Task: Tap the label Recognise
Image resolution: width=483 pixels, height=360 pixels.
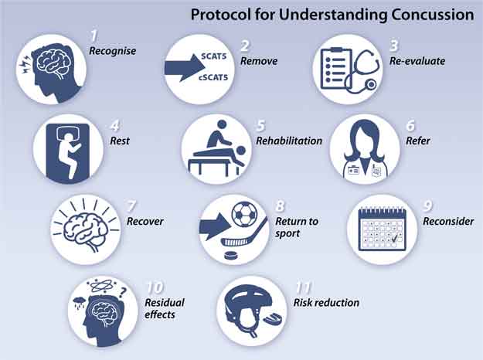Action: (112, 51)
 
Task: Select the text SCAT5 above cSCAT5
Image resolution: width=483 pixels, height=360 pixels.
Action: (214, 56)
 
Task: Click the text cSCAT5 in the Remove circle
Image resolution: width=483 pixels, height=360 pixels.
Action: (213, 77)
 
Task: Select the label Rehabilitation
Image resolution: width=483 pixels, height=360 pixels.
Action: (289, 141)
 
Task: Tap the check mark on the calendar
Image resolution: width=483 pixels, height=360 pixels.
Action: (394, 239)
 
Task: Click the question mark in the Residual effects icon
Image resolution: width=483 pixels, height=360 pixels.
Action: (123, 291)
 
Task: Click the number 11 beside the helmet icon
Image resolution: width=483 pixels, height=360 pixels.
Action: (304, 287)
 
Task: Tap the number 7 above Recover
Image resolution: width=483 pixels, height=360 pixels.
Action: (131, 206)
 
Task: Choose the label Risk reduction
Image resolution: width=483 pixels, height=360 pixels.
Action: (326, 303)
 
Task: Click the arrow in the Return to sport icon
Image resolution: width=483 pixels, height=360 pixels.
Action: (215, 226)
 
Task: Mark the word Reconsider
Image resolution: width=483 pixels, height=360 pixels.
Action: (448, 221)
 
